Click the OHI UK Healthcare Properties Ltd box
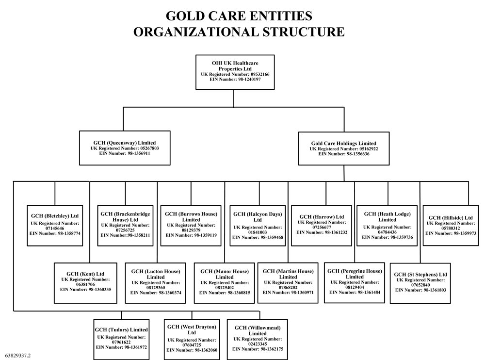coord(235,72)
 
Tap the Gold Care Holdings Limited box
coord(343,148)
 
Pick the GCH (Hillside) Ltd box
coord(450,225)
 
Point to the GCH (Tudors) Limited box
coord(121,338)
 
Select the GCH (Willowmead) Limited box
coord(257,338)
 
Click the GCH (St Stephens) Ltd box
coord(420,283)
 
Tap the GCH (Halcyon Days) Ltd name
coord(257,216)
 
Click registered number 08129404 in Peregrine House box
coord(353,287)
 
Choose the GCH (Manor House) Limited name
coord(224,274)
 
